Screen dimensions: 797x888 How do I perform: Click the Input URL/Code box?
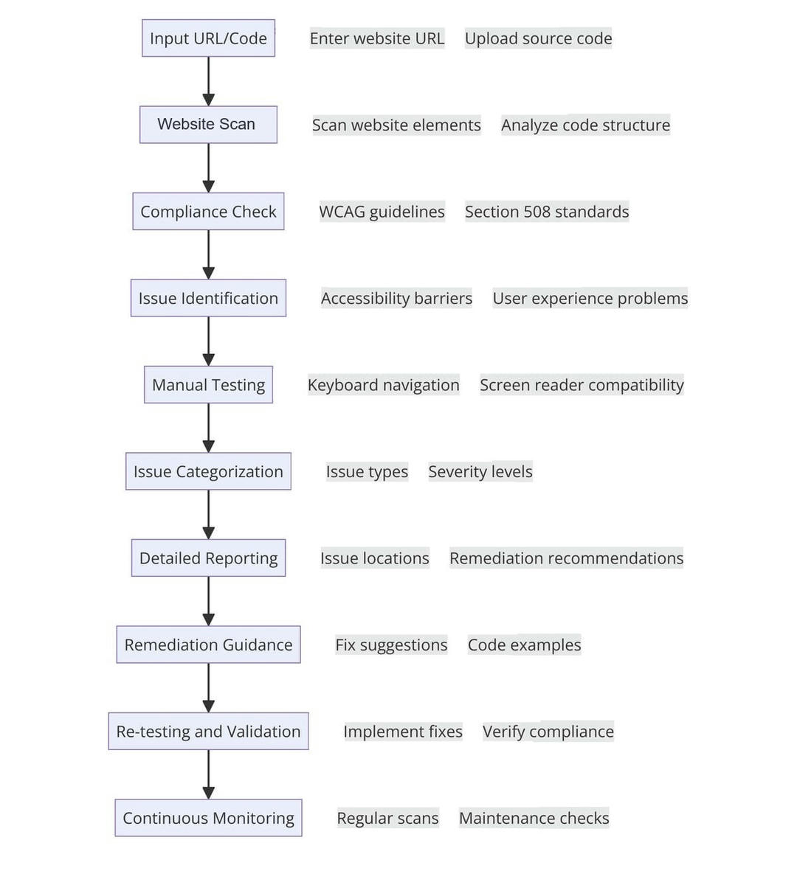coord(208,38)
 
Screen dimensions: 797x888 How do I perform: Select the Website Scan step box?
coord(208,125)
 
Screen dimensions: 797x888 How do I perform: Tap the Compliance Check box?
coord(208,211)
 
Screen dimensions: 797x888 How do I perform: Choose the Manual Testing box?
coord(208,384)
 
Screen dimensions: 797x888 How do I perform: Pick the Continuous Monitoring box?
coord(208,818)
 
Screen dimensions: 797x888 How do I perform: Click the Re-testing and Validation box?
coord(208,731)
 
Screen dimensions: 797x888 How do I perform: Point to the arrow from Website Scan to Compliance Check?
coord(208,168)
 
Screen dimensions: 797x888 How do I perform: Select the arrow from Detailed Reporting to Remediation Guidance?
coord(208,601)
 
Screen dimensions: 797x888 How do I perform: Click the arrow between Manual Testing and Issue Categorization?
coord(208,428)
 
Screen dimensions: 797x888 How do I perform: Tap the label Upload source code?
coord(538,38)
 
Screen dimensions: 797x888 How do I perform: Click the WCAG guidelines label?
coord(382,211)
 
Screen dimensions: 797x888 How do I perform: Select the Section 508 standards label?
coord(547,211)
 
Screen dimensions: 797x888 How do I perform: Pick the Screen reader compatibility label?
coord(582,384)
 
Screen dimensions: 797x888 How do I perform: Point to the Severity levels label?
coord(480,471)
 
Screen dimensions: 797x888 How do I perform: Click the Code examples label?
coord(524,645)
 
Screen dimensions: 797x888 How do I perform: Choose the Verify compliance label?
coord(548,731)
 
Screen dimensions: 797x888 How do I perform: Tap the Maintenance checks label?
coord(534,818)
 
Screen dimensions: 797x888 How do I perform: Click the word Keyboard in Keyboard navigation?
coord(338,385)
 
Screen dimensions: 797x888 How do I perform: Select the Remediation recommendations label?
coord(566,558)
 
